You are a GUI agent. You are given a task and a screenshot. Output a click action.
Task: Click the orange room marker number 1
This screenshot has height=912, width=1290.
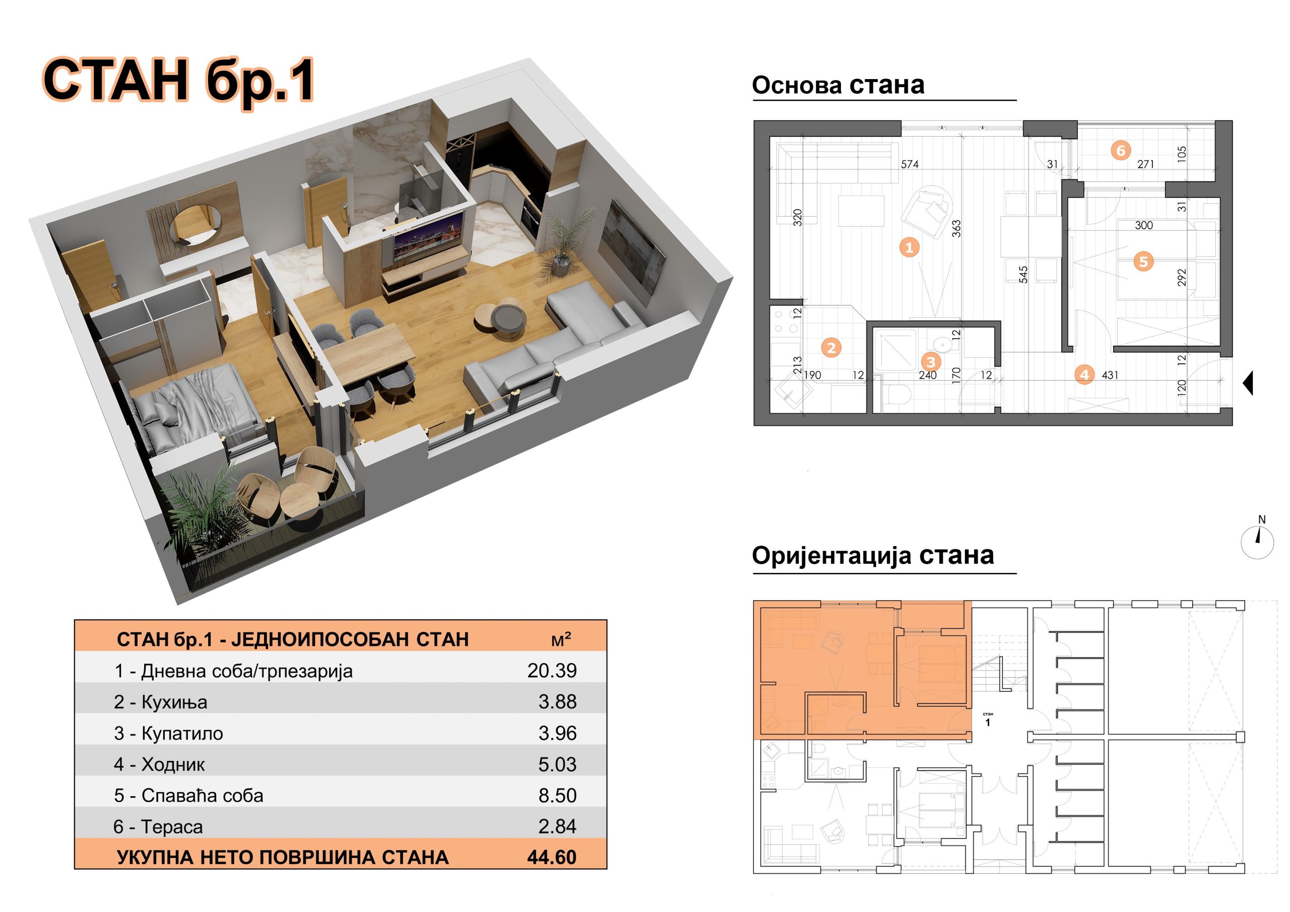click(909, 247)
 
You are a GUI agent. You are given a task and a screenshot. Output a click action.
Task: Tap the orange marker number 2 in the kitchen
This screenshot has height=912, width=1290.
click(831, 348)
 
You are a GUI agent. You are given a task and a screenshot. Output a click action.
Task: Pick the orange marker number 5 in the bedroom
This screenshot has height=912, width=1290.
click(1143, 262)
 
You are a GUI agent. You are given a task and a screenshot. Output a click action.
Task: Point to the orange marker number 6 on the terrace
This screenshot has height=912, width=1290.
click(1121, 150)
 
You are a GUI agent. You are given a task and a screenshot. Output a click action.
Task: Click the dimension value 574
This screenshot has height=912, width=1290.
click(910, 164)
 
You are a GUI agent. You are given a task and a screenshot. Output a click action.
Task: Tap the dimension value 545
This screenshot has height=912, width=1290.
click(1023, 274)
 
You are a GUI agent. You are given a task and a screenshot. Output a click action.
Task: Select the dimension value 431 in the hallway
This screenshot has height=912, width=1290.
click(1110, 375)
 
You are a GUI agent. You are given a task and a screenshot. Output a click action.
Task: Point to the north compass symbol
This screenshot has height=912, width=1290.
click(1257, 540)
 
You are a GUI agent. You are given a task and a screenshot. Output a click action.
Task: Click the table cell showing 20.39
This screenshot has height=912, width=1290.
click(552, 670)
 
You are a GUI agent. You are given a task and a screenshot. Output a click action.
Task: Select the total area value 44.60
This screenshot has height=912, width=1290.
click(552, 857)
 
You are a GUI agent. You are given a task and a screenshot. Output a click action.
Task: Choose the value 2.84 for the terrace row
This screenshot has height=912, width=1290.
click(557, 826)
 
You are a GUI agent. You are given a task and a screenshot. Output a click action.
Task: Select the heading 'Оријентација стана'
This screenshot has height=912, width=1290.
click(873, 556)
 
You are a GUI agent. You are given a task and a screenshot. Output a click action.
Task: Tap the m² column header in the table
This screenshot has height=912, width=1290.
click(561, 639)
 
